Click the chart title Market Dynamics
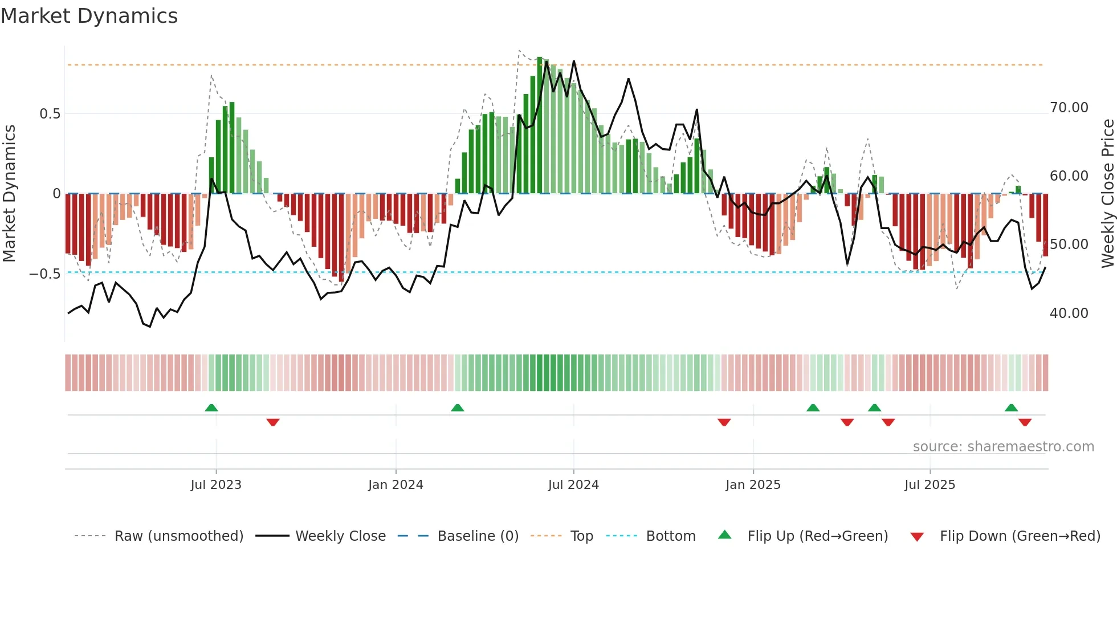89,16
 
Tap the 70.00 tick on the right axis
1069,108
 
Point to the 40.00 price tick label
1069,313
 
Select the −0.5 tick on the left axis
45,274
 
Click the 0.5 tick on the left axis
50,114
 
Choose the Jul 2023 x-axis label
216,485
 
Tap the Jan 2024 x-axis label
396,485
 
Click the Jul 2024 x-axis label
573,485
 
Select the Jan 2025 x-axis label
753,485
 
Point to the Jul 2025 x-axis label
930,485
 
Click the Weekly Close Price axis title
1107,193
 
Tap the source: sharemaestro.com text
1003,447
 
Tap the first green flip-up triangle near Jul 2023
211,407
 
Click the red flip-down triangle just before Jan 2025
724,422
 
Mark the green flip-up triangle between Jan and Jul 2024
457,407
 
